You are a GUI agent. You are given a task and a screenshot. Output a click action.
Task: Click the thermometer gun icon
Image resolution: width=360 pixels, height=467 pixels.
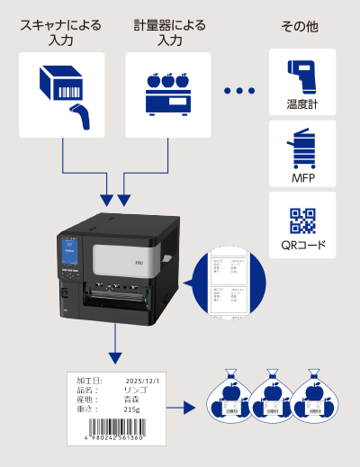tap(302, 75)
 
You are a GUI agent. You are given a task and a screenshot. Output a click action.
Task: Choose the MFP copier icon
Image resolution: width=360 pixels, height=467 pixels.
tap(302, 147)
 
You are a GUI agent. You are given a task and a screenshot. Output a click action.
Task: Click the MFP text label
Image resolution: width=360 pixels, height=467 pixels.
tap(302, 176)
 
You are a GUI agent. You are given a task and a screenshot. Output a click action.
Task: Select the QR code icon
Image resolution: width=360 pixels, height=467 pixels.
tap(302, 220)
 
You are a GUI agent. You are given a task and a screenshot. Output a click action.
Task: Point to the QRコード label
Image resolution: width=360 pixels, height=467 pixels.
tap(302, 245)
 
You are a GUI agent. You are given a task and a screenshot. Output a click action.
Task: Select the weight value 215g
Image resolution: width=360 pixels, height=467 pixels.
tap(132, 410)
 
